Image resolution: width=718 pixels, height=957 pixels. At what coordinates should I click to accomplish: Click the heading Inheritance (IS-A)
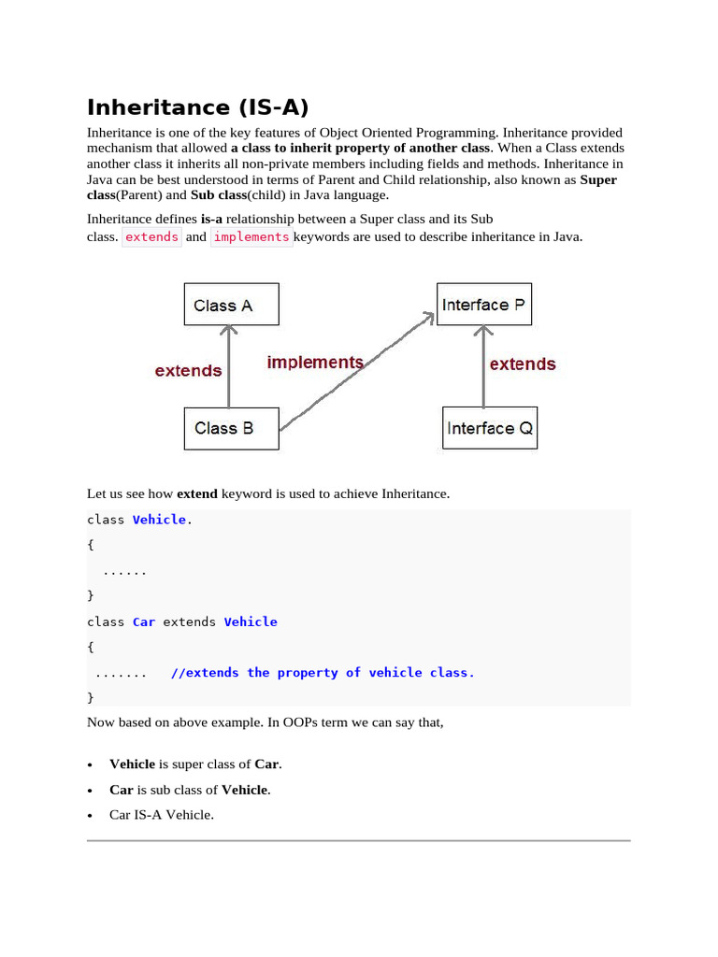[x=198, y=107]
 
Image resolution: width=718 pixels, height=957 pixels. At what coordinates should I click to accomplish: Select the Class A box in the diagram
[x=231, y=306]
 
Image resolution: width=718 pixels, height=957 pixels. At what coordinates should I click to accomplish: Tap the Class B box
[x=231, y=428]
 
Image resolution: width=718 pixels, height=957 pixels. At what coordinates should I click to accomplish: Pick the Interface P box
[x=483, y=306]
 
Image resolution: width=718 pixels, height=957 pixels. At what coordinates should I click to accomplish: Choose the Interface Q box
[x=489, y=428]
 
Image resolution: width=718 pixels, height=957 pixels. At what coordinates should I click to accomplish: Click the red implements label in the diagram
[x=315, y=363]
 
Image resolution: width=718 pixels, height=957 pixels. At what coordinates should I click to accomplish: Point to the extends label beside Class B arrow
[x=189, y=371]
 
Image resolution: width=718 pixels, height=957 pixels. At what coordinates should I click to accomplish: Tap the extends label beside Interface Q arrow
[x=523, y=364]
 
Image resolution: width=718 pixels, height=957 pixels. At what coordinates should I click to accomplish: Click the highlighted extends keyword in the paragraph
[x=151, y=237]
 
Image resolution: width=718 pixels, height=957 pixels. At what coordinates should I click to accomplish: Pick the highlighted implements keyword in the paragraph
[x=251, y=237]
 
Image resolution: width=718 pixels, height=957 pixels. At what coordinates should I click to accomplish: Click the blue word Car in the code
[x=144, y=621]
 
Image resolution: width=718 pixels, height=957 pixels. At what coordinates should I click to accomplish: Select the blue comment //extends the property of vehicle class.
[x=323, y=673]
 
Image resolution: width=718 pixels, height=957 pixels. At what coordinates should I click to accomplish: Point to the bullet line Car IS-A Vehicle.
[x=162, y=815]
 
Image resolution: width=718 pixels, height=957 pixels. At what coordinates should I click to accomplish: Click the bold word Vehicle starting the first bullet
[x=132, y=764]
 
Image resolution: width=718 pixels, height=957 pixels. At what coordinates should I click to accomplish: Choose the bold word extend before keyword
[x=196, y=493]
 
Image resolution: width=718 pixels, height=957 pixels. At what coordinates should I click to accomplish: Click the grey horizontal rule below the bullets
[x=359, y=841]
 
